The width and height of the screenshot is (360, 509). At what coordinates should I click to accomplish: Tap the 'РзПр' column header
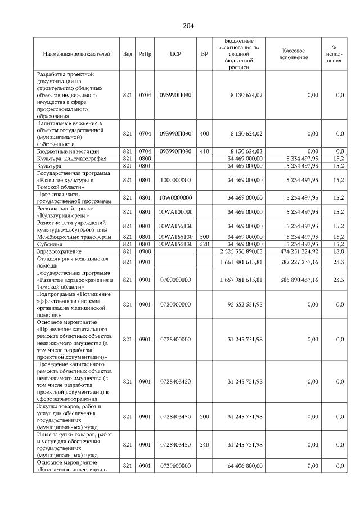[x=145, y=54]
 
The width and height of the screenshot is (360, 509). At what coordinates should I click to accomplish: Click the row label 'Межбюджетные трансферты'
[x=70, y=237]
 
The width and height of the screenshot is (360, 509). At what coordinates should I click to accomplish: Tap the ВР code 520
[x=204, y=245]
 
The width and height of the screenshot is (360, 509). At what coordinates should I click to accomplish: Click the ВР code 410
[x=204, y=151]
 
